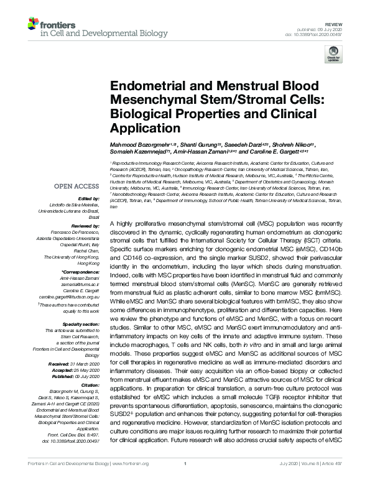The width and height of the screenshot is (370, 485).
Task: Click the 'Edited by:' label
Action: pyautogui.click(x=88, y=198)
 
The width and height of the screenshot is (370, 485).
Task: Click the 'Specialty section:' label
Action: pyautogui.click(x=81, y=324)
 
